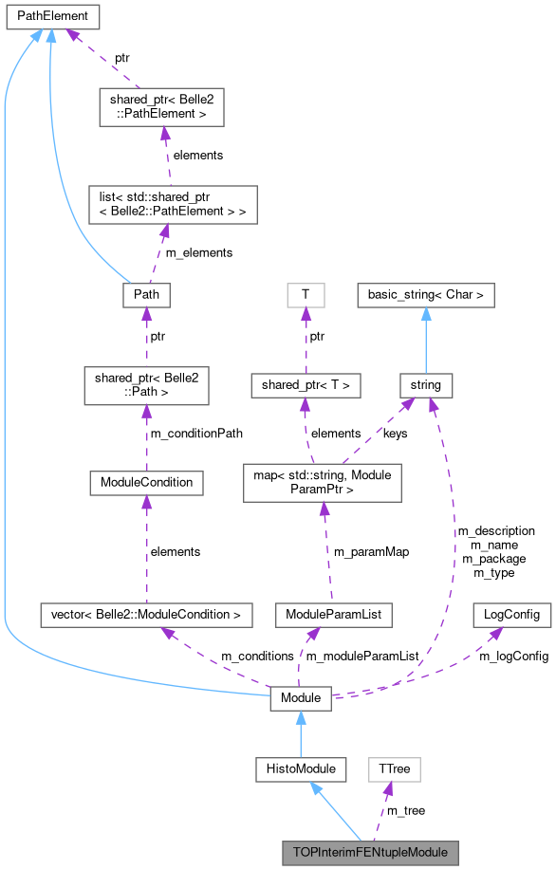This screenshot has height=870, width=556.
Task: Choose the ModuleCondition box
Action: (x=146, y=482)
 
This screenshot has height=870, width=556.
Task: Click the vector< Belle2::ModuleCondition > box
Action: (x=146, y=615)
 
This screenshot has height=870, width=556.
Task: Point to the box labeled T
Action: (x=305, y=294)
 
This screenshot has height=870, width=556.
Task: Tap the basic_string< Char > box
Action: (x=426, y=294)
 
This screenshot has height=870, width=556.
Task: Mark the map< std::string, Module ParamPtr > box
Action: (x=324, y=482)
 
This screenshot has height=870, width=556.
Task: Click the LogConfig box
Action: (x=510, y=615)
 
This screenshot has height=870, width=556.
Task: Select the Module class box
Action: (x=301, y=699)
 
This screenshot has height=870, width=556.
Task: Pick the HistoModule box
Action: (x=301, y=768)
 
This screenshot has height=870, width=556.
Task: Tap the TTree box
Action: (x=394, y=768)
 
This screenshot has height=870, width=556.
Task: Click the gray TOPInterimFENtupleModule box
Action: (x=370, y=851)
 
